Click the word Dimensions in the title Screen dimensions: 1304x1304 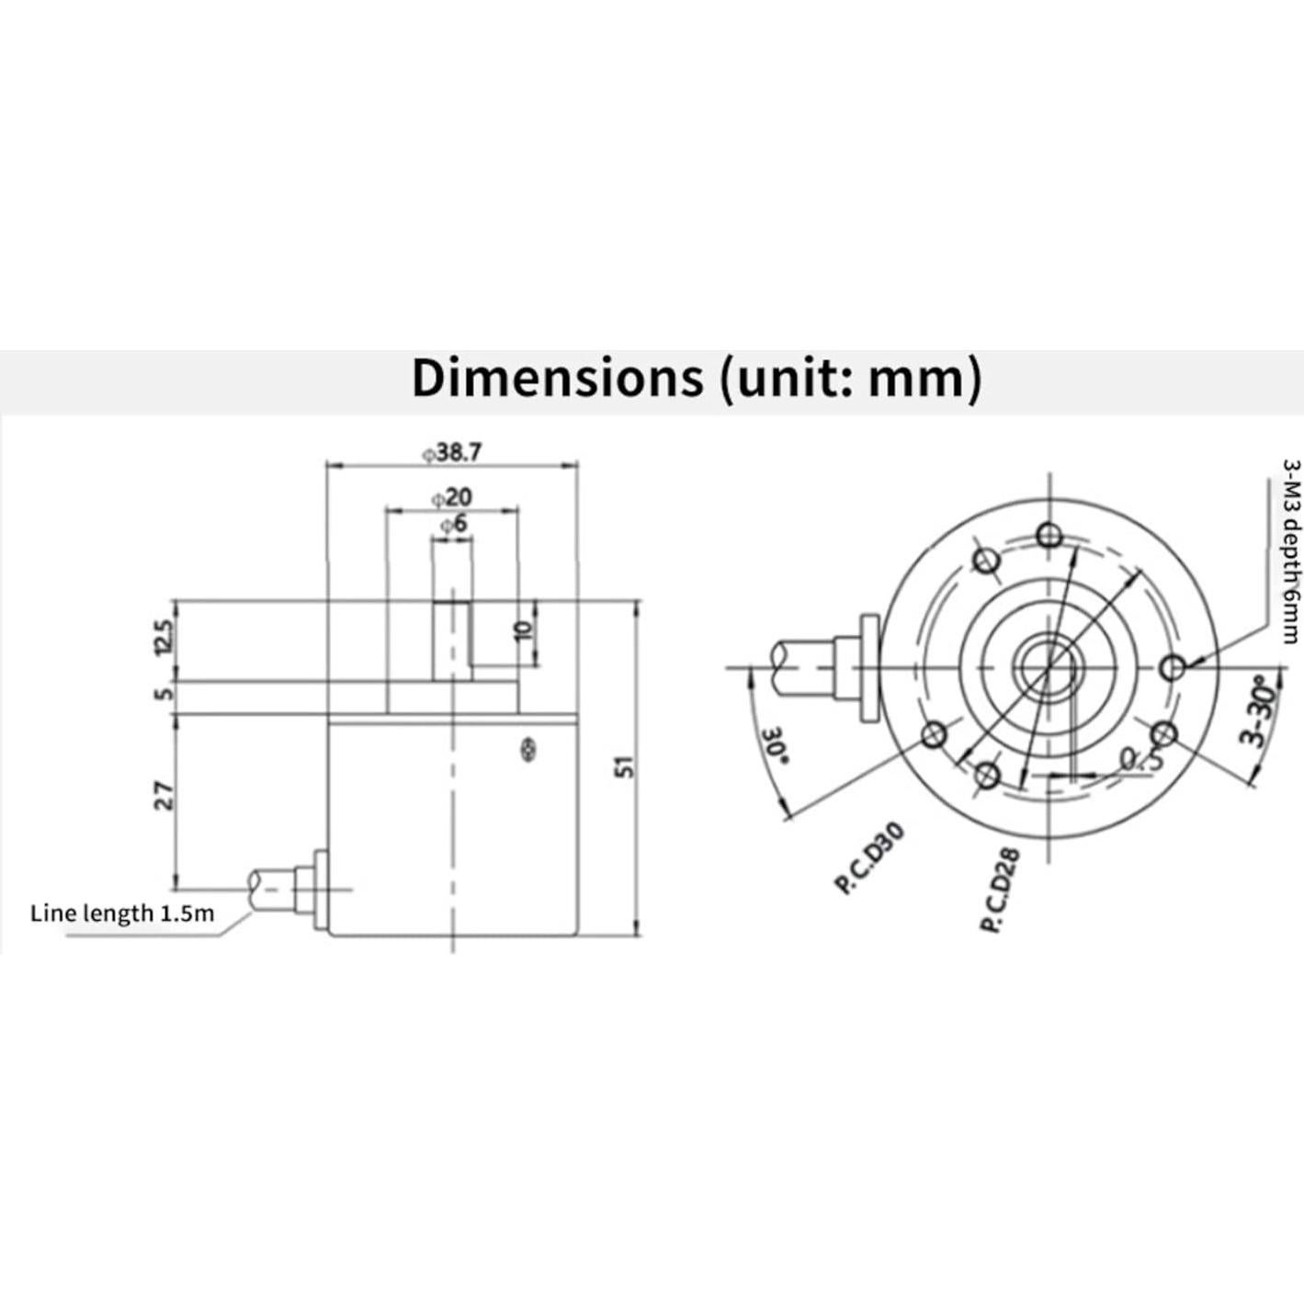[x=556, y=378]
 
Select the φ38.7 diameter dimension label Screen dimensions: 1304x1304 [x=452, y=452]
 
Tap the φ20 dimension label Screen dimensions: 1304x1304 [x=452, y=497]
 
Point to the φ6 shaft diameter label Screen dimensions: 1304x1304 [x=453, y=524]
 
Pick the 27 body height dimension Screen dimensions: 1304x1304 [x=164, y=795]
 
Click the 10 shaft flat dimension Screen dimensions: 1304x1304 [x=525, y=630]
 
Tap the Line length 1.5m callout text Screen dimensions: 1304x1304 [x=122, y=913]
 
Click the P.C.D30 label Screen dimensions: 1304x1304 [x=869, y=857]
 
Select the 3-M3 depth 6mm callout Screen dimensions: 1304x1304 [x=1291, y=551]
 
